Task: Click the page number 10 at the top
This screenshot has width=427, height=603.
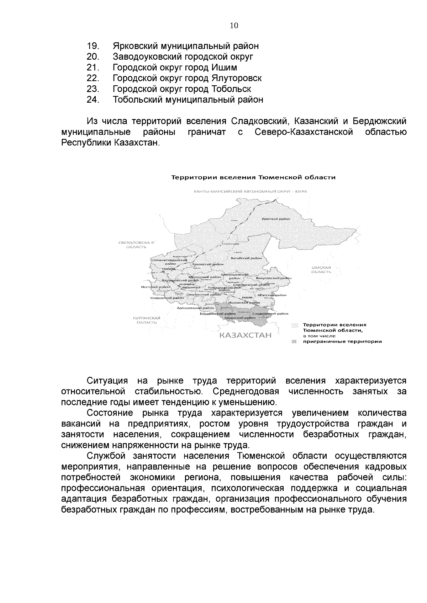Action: click(234, 26)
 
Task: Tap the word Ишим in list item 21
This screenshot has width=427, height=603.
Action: click(224, 68)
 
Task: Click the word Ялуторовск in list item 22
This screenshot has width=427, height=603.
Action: click(237, 78)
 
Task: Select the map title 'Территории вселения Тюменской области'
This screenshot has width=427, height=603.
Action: click(254, 177)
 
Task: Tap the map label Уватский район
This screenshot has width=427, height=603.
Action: click(276, 219)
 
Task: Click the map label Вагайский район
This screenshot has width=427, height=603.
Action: click(246, 258)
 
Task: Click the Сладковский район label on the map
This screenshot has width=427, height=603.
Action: click(270, 314)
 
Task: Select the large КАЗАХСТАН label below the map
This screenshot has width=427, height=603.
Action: click(245, 335)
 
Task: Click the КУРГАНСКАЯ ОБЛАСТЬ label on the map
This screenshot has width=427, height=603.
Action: click(147, 320)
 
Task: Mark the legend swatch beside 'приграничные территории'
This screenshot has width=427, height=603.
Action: click(294, 341)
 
